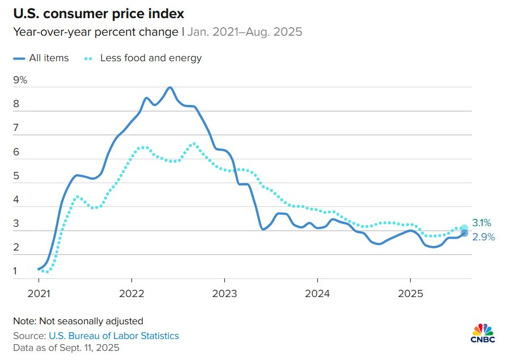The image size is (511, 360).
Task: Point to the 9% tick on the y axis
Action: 20,80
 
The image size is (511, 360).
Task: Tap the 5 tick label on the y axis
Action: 16,176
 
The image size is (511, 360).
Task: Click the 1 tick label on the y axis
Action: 16,272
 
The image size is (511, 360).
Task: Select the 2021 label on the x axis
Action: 39,295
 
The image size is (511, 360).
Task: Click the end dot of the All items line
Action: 464,233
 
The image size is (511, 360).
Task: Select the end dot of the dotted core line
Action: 464,228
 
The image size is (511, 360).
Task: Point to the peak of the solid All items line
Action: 170,87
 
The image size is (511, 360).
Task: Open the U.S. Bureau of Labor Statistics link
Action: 114,336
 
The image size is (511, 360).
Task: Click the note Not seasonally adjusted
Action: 78,321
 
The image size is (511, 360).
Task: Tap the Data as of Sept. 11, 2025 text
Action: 67,348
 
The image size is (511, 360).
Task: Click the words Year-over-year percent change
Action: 96,32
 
